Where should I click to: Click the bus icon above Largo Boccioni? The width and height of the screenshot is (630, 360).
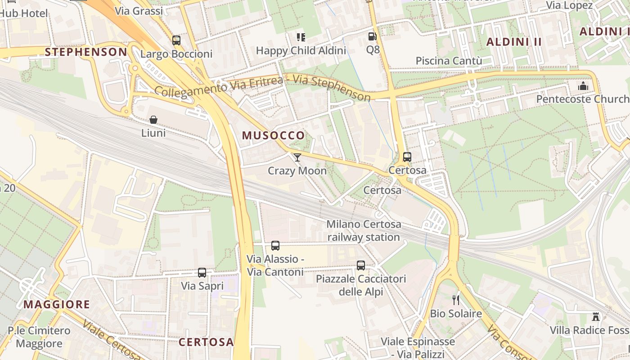pos(176,40)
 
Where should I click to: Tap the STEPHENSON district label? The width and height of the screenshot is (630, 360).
pos(86,52)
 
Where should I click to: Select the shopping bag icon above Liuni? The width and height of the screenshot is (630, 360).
pos(153,120)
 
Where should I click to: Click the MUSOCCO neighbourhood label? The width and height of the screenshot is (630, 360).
pos(273,135)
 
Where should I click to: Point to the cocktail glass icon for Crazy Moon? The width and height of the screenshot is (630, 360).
pos(297,157)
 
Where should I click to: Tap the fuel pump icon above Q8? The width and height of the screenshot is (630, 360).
pos(372,36)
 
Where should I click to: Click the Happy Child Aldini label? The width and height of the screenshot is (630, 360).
pos(301,50)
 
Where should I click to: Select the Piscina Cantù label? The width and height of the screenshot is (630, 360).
pos(449,61)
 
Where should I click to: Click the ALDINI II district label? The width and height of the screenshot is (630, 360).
pos(514,42)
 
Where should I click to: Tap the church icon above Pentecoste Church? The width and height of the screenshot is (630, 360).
pos(583,85)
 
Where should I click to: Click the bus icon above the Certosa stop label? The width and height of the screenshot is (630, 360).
pos(407,157)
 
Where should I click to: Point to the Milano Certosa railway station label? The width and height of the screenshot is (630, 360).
pos(364,230)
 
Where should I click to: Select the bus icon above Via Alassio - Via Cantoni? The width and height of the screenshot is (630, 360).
pos(275,246)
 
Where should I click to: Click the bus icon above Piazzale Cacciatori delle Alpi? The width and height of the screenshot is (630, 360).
pos(361,265)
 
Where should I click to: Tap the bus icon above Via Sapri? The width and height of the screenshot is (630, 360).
pos(202,272)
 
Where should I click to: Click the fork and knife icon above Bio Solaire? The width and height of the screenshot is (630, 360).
pos(456,300)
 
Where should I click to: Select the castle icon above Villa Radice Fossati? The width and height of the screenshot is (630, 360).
pos(596,317)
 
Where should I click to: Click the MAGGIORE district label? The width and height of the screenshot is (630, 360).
pos(57,304)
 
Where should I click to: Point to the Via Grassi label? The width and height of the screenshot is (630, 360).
pos(139,11)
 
